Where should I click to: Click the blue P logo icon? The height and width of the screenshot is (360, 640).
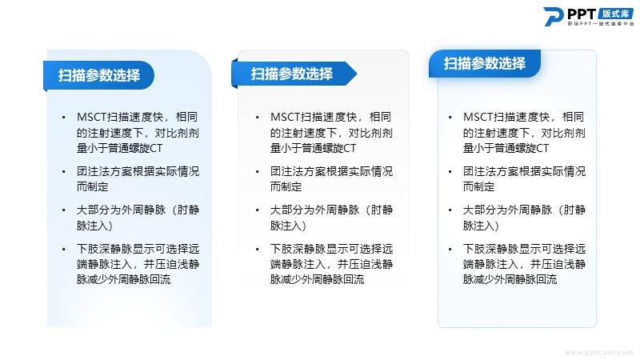click(553, 17)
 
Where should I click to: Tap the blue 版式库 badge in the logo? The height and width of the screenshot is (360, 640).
click(615, 14)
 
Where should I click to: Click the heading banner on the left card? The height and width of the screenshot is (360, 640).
click(98, 75)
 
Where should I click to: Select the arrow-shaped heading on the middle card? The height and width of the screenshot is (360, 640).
click(294, 74)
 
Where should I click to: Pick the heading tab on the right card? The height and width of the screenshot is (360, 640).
click(485, 64)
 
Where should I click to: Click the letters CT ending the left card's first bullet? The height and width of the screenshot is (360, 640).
click(156, 148)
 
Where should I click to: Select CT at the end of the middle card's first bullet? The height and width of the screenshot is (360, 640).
click(350, 148)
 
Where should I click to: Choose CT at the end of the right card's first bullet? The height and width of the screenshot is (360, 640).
click(543, 148)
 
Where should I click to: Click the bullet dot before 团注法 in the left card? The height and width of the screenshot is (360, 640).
click(64, 172)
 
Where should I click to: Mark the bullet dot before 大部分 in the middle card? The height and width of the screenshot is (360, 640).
click(257, 210)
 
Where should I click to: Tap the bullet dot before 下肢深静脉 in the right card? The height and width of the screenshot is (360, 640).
click(450, 249)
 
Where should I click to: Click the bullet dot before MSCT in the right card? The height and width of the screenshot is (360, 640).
click(450, 118)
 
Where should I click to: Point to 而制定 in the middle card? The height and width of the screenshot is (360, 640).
click(286, 187)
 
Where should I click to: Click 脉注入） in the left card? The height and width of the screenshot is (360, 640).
click(94, 226)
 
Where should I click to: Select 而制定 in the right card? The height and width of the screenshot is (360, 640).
click(478, 187)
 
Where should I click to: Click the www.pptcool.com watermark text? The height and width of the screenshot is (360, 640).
click(598, 352)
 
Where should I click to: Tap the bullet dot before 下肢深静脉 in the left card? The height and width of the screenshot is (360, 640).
click(64, 249)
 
